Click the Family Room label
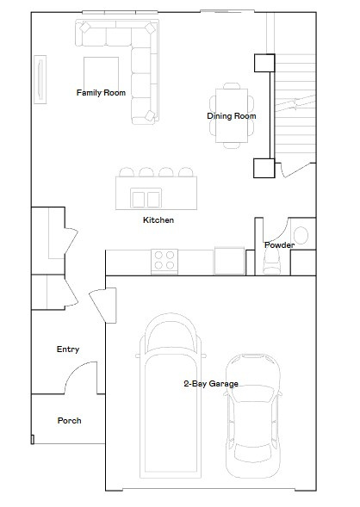tap(101, 92)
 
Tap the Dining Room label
tap(231, 115)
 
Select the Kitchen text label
tap(158, 220)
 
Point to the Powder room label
tap(279, 245)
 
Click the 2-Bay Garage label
tap(210, 383)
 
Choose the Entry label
tap(68, 349)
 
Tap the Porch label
tap(69, 421)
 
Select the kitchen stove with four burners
tap(164, 261)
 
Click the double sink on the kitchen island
tap(145, 199)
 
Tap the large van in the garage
tap(174, 396)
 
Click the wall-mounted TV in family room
tap(40, 79)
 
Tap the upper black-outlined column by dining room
tap(263, 64)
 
